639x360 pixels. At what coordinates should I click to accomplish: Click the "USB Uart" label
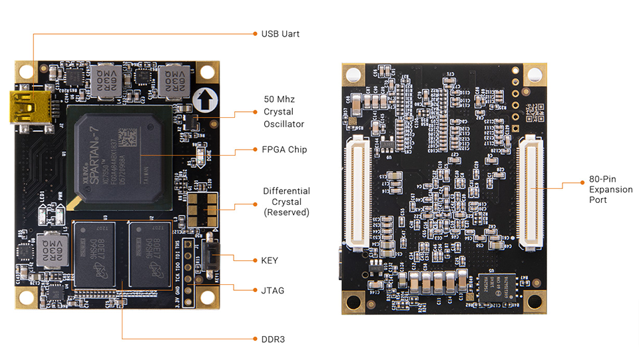(x=281, y=33)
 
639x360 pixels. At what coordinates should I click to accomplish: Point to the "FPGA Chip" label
(x=284, y=150)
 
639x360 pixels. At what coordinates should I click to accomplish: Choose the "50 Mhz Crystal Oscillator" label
(x=284, y=112)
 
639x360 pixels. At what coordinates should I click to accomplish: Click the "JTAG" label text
(x=273, y=290)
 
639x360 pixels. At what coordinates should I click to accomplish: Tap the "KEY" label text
(x=270, y=260)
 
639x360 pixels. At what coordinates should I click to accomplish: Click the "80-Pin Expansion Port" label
(x=610, y=190)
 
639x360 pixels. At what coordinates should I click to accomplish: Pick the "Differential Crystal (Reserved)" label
(x=286, y=202)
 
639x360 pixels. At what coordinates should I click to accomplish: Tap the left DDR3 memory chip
(x=97, y=255)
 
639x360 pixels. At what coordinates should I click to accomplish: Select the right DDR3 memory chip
(x=152, y=255)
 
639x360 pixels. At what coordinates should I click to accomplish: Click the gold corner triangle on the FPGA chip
(x=79, y=199)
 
